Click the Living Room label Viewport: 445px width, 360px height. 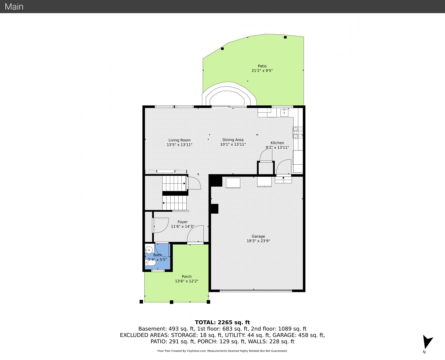click(179, 140)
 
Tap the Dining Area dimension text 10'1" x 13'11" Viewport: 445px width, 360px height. click(233, 144)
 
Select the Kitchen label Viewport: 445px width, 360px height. click(277, 143)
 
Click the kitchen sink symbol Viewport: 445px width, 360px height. click(284, 112)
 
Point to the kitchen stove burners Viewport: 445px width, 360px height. click(298, 132)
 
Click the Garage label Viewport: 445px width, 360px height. click(258, 236)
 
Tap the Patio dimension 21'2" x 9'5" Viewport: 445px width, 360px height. click(262, 71)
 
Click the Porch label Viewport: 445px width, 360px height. click(187, 276)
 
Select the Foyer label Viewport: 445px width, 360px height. click(183, 222)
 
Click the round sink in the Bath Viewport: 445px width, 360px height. click(149, 250)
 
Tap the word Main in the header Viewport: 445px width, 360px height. click(14, 7)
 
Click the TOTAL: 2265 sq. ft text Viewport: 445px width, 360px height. click(222, 322)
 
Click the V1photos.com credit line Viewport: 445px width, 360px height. click(222, 351)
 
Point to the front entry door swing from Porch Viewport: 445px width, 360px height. click(195, 234)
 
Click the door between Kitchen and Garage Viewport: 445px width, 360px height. click(284, 167)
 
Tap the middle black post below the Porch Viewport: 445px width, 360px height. click(172, 302)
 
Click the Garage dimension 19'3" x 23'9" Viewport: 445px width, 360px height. click(258, 241)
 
